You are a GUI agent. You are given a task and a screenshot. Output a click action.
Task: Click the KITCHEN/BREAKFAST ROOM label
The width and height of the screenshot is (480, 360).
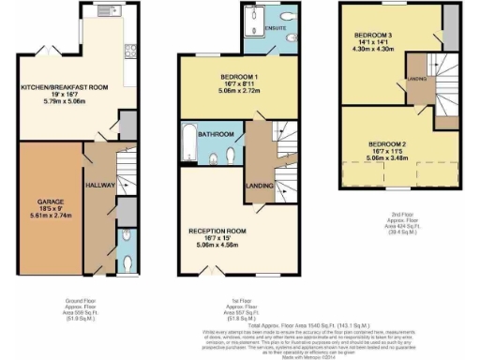66,87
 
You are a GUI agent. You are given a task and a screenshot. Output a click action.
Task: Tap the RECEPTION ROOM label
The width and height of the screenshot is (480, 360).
217,230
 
